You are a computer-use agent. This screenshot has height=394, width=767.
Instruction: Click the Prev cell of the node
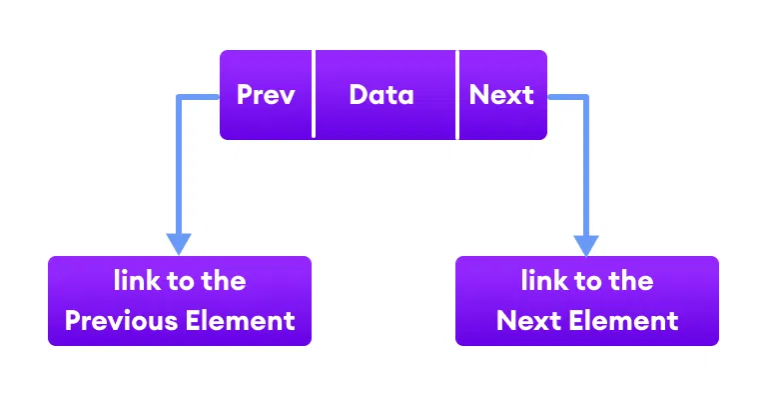coord(267,95)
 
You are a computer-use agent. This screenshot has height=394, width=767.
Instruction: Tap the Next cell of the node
coord(502,95)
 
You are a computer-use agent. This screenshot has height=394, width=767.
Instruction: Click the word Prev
coord(267,95)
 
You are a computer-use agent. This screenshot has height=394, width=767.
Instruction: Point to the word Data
coord(382,95)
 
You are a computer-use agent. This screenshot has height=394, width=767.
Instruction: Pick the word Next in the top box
coord(501,95)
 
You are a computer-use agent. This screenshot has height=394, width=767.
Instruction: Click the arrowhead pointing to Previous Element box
coord(179,244)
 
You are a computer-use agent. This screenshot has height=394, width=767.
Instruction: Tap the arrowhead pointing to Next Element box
coord(586,244)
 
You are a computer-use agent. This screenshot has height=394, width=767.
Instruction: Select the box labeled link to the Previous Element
coord(180,301)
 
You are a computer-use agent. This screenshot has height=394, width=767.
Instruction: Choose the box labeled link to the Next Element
coord(587,301)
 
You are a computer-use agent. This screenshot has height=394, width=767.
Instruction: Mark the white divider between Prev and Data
coord(315,95)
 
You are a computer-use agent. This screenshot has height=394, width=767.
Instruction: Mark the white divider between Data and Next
coord(458,95)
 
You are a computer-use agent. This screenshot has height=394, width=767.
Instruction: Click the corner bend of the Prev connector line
coord(179,97)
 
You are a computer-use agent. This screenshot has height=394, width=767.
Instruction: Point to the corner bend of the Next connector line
coord(586,97)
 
